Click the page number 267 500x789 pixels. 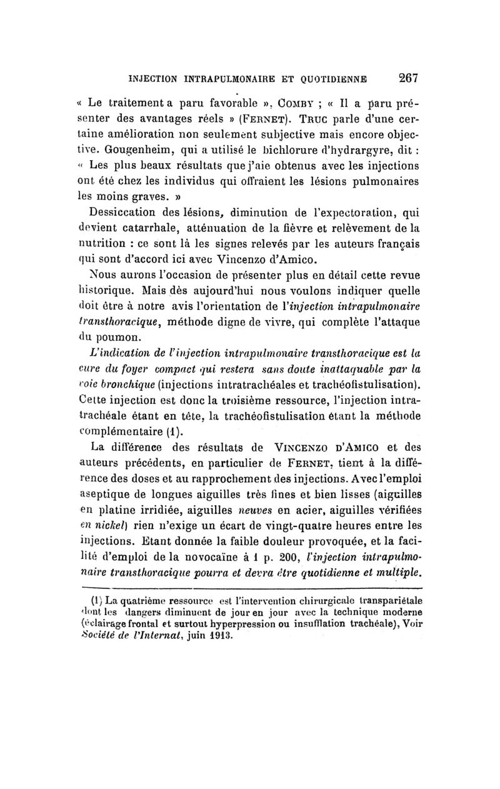point(406,78)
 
